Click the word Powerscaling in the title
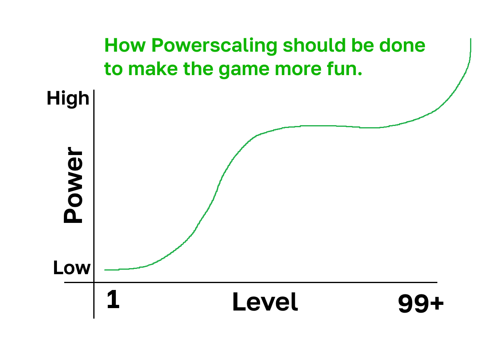click(x=214, y=46)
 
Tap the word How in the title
click(x=125, y=45)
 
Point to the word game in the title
click(x=244, y=70)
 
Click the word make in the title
click(x=153, y=68)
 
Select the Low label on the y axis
click(x=72, y=268)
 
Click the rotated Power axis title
click(x=73, y=185)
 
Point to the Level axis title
click(x=265, y=302)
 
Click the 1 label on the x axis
click(x=113, y=299)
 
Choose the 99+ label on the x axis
click(x=421, y=303)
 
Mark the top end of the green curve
click(x=470, y=39)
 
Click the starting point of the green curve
click(x=105, y=270)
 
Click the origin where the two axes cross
click(x=94, y=282)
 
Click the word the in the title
click(x=198, y=68)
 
